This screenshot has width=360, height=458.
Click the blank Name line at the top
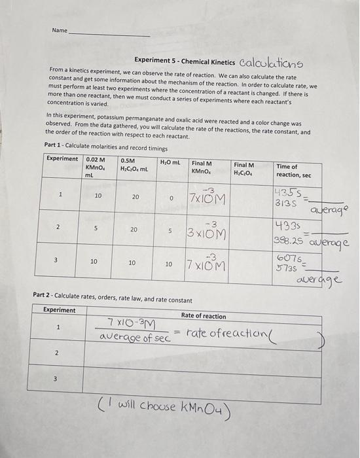109,33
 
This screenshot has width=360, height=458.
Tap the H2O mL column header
170,162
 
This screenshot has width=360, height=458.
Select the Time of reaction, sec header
294,171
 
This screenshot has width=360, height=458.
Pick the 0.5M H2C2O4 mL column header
134,166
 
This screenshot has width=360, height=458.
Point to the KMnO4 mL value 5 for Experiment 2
96,229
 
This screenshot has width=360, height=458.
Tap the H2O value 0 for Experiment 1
170,196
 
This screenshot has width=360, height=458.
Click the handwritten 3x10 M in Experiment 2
207,230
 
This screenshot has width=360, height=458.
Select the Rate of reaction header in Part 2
203,316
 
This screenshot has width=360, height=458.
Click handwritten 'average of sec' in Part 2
134,338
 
